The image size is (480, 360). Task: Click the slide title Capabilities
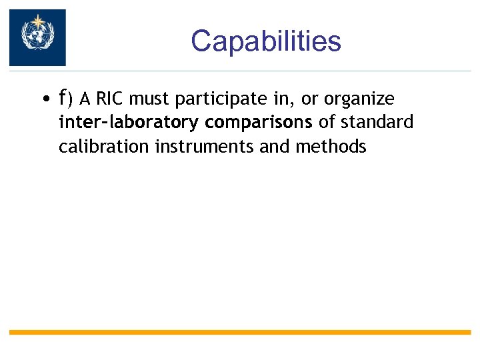click(265, 41)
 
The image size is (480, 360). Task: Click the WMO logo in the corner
click(37, 37)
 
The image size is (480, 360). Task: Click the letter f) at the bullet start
click(66, 99)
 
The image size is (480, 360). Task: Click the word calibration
click(104, 146)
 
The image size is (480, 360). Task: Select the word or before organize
click(309, 100)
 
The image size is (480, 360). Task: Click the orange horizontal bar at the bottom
click(240, 331)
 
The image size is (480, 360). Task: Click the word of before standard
click(327, 123)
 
